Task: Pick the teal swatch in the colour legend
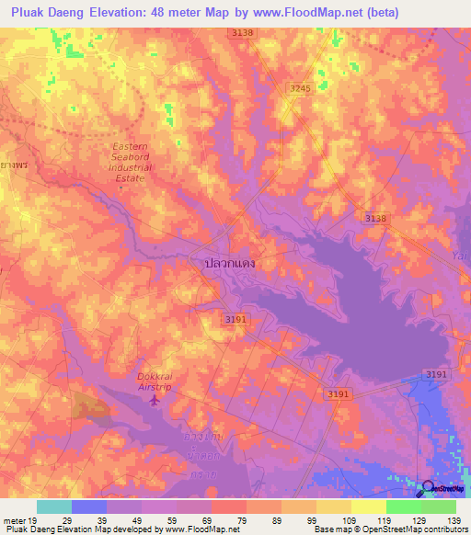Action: (x=53, y=507)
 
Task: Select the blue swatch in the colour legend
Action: (x=88, y=507)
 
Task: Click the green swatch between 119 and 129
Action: (x=403, y=507)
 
